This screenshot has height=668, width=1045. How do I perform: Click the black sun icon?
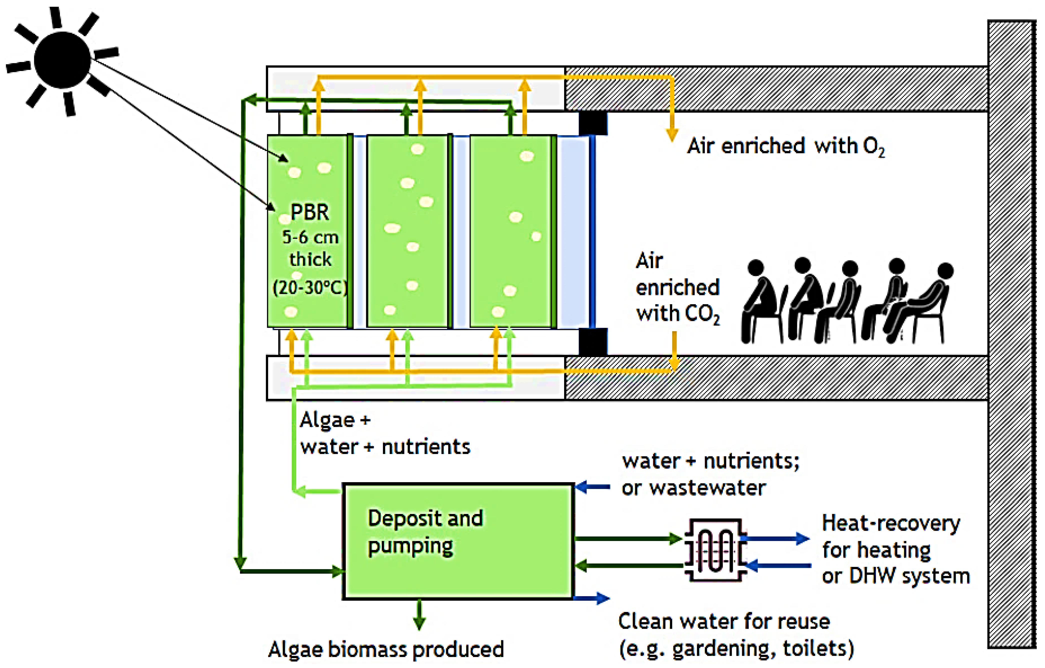[62, 60]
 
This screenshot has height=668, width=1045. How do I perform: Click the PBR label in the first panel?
[309, 212]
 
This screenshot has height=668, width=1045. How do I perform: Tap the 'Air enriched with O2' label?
[786, 146]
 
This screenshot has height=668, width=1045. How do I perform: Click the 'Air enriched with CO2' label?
[677, 288]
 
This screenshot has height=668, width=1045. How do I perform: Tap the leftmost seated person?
[760, 302]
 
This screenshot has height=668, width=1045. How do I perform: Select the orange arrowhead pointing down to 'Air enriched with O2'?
[672, 135]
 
